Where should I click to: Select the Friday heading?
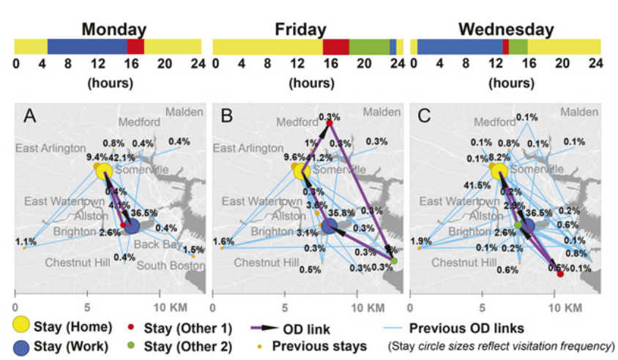300,30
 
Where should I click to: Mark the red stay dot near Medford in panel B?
330,123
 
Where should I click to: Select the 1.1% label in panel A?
26,241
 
